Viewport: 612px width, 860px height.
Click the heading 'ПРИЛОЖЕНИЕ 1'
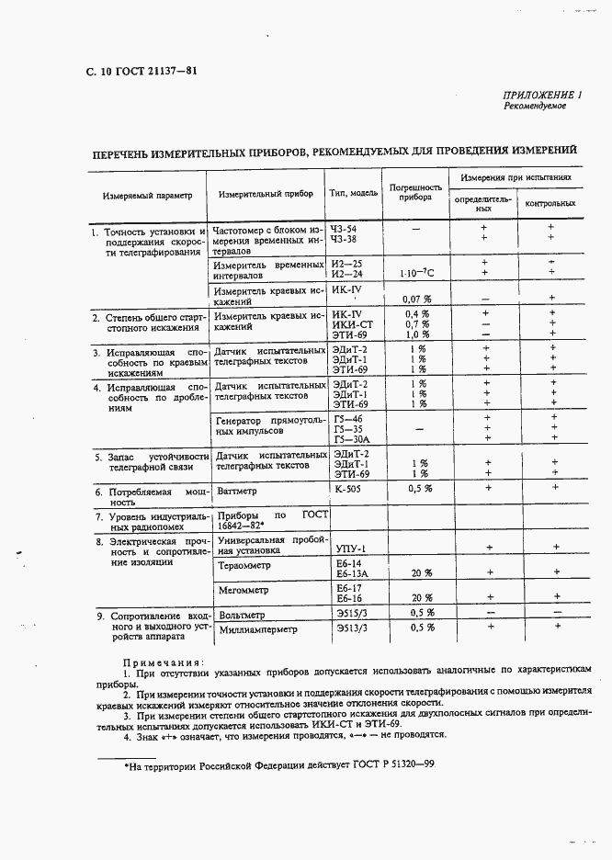pos(542,95)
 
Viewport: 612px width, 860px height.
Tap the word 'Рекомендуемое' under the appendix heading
pos(535,107)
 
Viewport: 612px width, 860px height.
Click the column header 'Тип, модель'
pos(354,194)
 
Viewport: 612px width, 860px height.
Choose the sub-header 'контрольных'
pos(550,203)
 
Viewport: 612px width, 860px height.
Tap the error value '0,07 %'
pos(417,299)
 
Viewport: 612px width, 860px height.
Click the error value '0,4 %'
pos(417,314)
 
